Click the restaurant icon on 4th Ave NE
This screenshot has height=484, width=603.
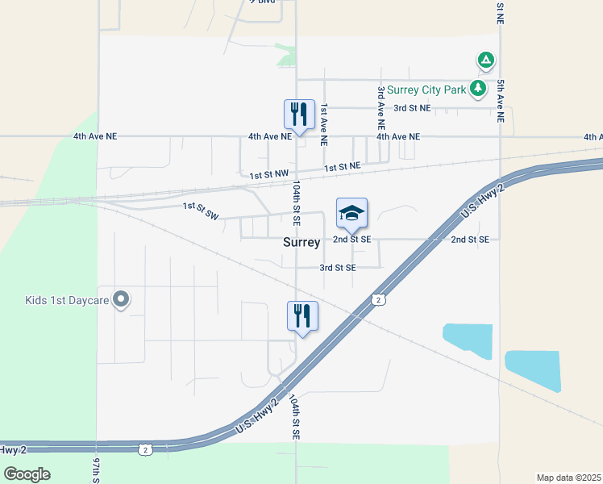pyautogui.click(x=299, y=114)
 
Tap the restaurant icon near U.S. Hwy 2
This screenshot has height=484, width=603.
pyautogui.click(x=302, y=315)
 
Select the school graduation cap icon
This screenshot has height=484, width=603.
pyautogui.click(x=351, y=213)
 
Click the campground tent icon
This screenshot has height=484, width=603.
pyautogui.click(x=485, y=60)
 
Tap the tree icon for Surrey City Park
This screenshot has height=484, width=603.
pyautogui.click(x=479, y=88)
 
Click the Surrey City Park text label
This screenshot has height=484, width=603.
pyautogui.click(x=426, y=90)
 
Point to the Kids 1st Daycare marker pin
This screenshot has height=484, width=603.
pyautogui.click(x=122, y=300)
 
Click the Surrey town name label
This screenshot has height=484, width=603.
pyautogui.click(x=301, y=242)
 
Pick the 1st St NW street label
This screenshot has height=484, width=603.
pyautogui.click(x=268, y=175)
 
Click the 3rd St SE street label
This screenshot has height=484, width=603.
pyautogui.click(x=338, y=267)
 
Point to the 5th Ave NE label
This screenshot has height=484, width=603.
pyautogui.click(x=501, y=101)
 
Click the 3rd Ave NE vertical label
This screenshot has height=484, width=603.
pyautogui.click(x=381, y=110)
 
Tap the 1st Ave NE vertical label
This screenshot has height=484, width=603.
pyautogui.click(x=323, y=124)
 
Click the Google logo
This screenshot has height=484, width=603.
pyautogui.click(x=27, y=474)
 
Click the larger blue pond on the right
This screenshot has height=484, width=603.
pyautogui.click(x=531, y=371)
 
